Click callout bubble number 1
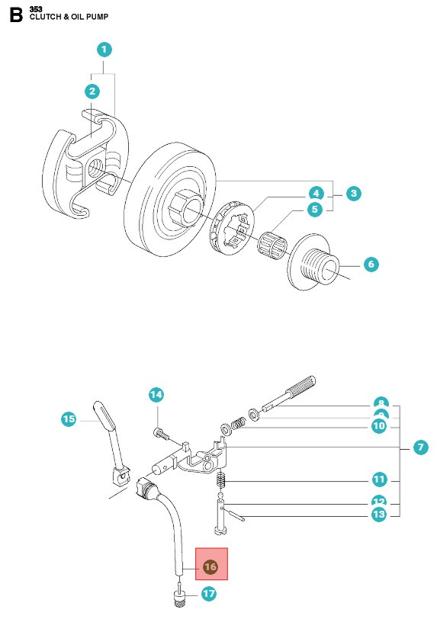105,50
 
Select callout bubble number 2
92,91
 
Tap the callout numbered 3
353,194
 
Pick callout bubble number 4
316,193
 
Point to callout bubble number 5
316,209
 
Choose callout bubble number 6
371,265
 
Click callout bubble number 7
420,447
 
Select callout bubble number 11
379,479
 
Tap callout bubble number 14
156,394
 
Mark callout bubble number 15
69,419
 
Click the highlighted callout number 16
211,567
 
